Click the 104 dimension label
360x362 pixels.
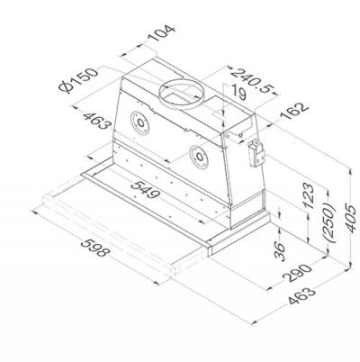[x=161, y=33]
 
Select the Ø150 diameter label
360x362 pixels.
[x=78, y=80]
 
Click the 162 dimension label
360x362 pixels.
[x=294, y=111]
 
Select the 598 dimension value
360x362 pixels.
[x=94, y=248]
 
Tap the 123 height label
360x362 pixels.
[x=309, y=195]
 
